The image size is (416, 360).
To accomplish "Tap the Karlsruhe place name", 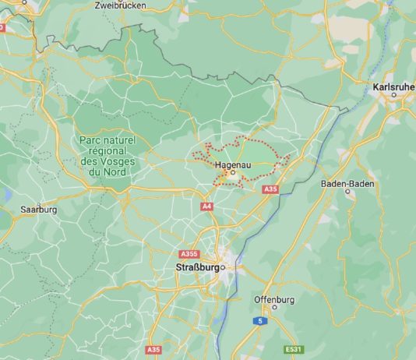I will click(x=393, y=86).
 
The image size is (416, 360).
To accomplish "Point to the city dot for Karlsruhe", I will click(x=393, y=95).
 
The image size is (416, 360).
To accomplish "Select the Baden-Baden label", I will click(x=347, y=184).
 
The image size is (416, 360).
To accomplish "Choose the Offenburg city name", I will click(x=274, y=299).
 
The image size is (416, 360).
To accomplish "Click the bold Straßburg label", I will click(x=194, y=267).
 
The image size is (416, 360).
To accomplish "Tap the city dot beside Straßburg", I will click(x=223, y=267).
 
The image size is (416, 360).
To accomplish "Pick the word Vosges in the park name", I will click(x=117, y=161).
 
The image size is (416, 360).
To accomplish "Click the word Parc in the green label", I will click(x=92, y=139).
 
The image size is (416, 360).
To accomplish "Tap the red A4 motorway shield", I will click(x=206, y=206).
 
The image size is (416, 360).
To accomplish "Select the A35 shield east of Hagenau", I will click(x=270, y=190).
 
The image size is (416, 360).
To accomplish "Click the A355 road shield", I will click(x=189, y=254).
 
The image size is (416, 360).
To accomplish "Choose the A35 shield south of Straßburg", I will click(x=153, y=350).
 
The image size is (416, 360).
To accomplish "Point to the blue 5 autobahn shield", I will click(x=262, y=320).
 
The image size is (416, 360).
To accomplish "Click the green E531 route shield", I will click(x=294, y=348).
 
